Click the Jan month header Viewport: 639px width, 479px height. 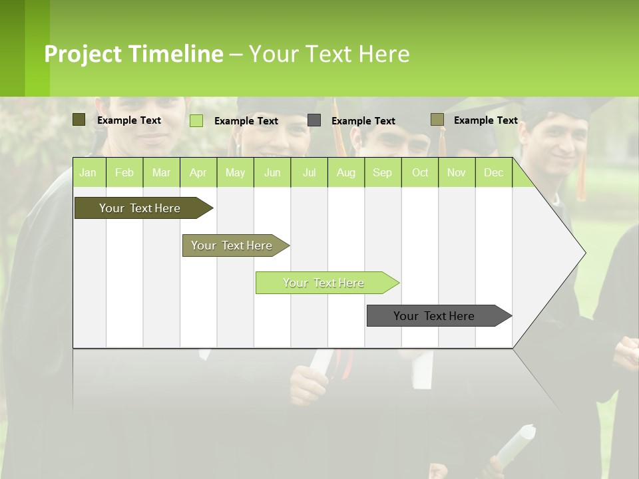(89, 173)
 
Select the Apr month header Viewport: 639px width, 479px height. (198, 173)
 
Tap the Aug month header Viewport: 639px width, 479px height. (345, 173)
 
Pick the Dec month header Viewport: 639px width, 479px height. (493, 173)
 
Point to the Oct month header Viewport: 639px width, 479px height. (420, 173)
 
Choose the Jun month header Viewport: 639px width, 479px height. (272, 173)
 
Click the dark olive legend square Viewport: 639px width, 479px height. (79, 120)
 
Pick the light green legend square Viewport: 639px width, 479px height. (196, 120)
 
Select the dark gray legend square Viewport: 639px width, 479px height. (314, 120)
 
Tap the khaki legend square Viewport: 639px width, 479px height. (437, 120)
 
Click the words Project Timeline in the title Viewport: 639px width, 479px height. (134, 54)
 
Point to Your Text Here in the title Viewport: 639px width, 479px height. (329, 54)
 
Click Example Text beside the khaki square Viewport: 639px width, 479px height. (485, 120)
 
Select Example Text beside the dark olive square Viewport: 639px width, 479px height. (128, 120)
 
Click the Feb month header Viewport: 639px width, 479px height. (124, 173)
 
